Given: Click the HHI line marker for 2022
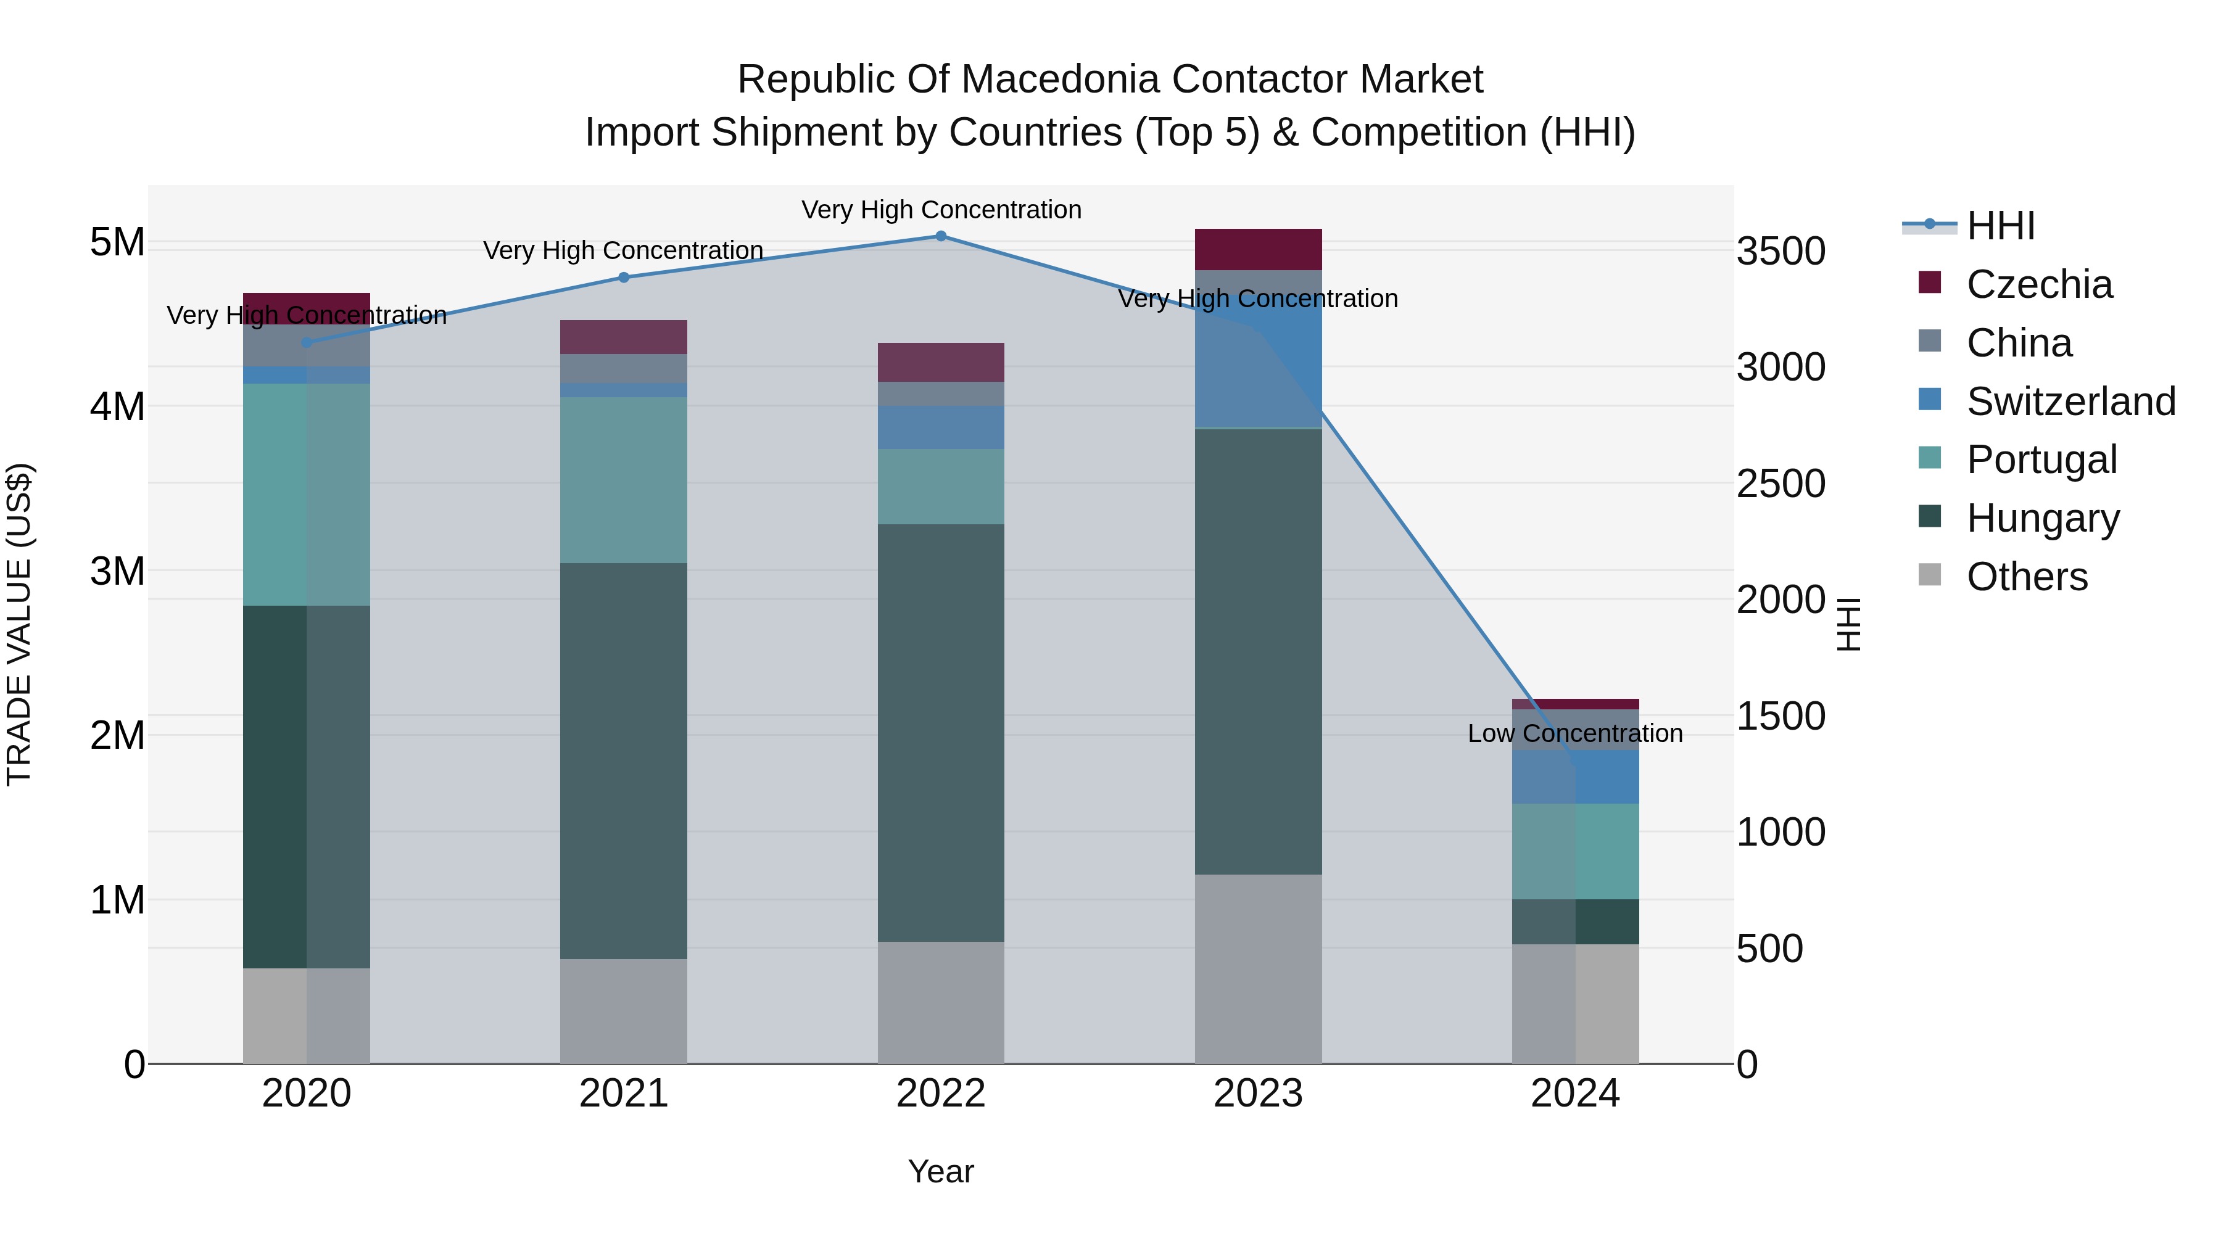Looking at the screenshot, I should [941, 236].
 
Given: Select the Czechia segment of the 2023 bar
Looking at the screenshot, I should [1258, 250].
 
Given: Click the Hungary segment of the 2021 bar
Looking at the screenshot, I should [623, 761].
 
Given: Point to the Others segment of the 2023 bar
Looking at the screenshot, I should [1258, 969].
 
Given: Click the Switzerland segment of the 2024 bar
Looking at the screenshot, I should [1575, 778].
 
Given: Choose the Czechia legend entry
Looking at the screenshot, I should [2038, 284].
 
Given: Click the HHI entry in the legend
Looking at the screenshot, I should [2000, 226].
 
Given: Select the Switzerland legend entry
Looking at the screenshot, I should [2069, 402].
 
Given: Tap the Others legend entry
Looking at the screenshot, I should [2026, 577].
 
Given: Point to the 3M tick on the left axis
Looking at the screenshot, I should [117, 571].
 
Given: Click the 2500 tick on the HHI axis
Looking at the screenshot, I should [1781, 484].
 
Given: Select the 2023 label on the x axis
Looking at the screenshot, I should [1258, 1094].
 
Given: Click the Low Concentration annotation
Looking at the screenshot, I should [1574, 733].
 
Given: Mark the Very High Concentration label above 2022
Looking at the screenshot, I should [941, 210].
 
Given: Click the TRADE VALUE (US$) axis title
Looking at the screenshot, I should [19, 624].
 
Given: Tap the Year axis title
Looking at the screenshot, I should [941, 1171].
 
